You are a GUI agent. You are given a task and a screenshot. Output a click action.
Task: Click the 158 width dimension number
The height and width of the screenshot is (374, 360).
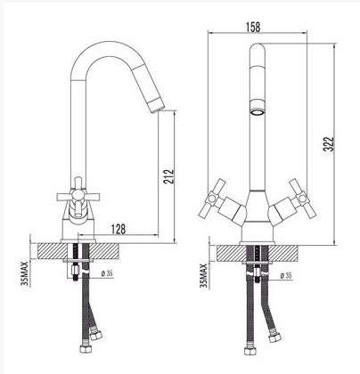pyautogui.click(x=253, y=27)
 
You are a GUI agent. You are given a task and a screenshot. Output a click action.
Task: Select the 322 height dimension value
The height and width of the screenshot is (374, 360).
pyautogui.click(x=329, y=144)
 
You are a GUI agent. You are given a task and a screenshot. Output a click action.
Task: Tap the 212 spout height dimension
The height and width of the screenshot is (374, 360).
pyautogui.click(x=168, y=176)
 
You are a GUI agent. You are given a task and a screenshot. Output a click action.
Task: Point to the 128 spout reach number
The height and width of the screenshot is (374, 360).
pyautogui.click(x=119, y=229)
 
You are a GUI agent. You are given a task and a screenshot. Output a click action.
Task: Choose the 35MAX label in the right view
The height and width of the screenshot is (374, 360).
pyautogui.click(x=203, y=275)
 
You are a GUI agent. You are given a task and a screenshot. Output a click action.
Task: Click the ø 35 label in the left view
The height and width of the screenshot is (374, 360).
pyautogui.click(x=107, y=273)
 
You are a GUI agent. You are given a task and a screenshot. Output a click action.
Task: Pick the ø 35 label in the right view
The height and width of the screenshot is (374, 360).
pyautogui.click(x=286, y=276)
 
